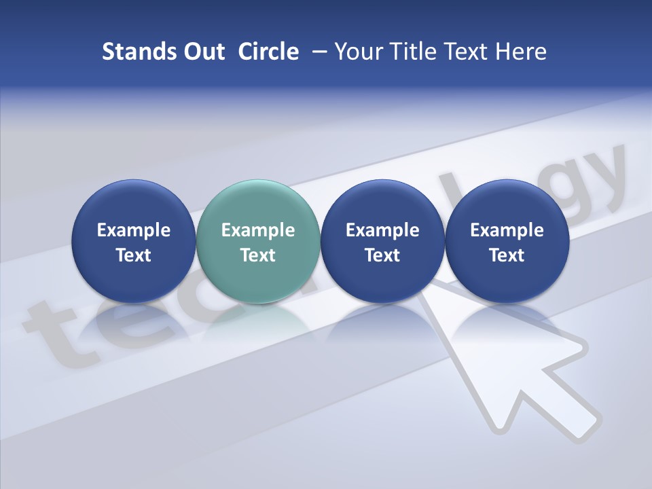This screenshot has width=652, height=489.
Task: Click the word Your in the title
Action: pos(356,52)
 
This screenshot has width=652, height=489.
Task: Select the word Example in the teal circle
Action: pos(258,230)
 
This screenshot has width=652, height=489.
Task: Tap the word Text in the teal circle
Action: pos(258,255)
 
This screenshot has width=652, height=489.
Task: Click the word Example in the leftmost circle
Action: pos(134,230)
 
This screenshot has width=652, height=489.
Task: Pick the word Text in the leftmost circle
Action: pos(134,255)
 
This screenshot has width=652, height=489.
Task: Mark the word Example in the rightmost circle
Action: pos(507,230)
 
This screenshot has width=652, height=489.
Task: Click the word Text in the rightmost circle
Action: pos(507,255)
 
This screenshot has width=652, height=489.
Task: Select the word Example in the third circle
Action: pos(382,230)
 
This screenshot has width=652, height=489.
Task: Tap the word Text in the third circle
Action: pos(382,255)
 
